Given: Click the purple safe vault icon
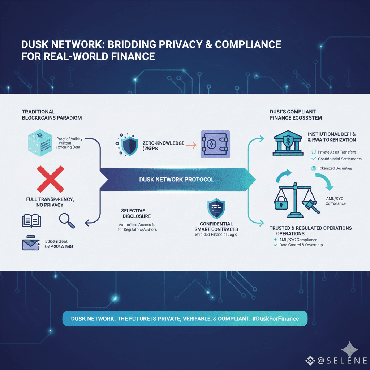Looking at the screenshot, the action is (215, 144).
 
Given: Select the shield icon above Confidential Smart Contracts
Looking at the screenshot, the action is (216, 209).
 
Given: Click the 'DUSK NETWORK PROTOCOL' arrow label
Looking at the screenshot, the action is (177, 179).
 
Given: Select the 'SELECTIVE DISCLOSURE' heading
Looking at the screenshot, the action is (133, 213).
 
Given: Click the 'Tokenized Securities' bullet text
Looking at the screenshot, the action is (335, 168).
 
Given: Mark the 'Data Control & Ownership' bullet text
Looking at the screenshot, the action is (301, 245).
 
